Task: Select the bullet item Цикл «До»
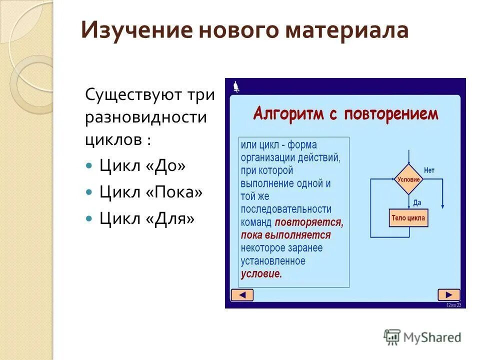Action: [142, 165]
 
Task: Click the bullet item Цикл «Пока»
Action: [150, 192]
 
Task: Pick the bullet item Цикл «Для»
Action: [146, 218]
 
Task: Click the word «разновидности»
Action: [145, 117]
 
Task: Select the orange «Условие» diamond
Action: [408, 179]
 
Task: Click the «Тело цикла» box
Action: [408, 218]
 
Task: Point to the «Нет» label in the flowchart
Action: [429, 170]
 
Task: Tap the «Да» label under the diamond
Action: [416, 202]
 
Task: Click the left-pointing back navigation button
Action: [242, 295]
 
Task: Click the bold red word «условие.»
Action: [261, 274]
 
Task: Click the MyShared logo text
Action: [432, 337]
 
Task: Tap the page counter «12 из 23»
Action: [453, 305]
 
